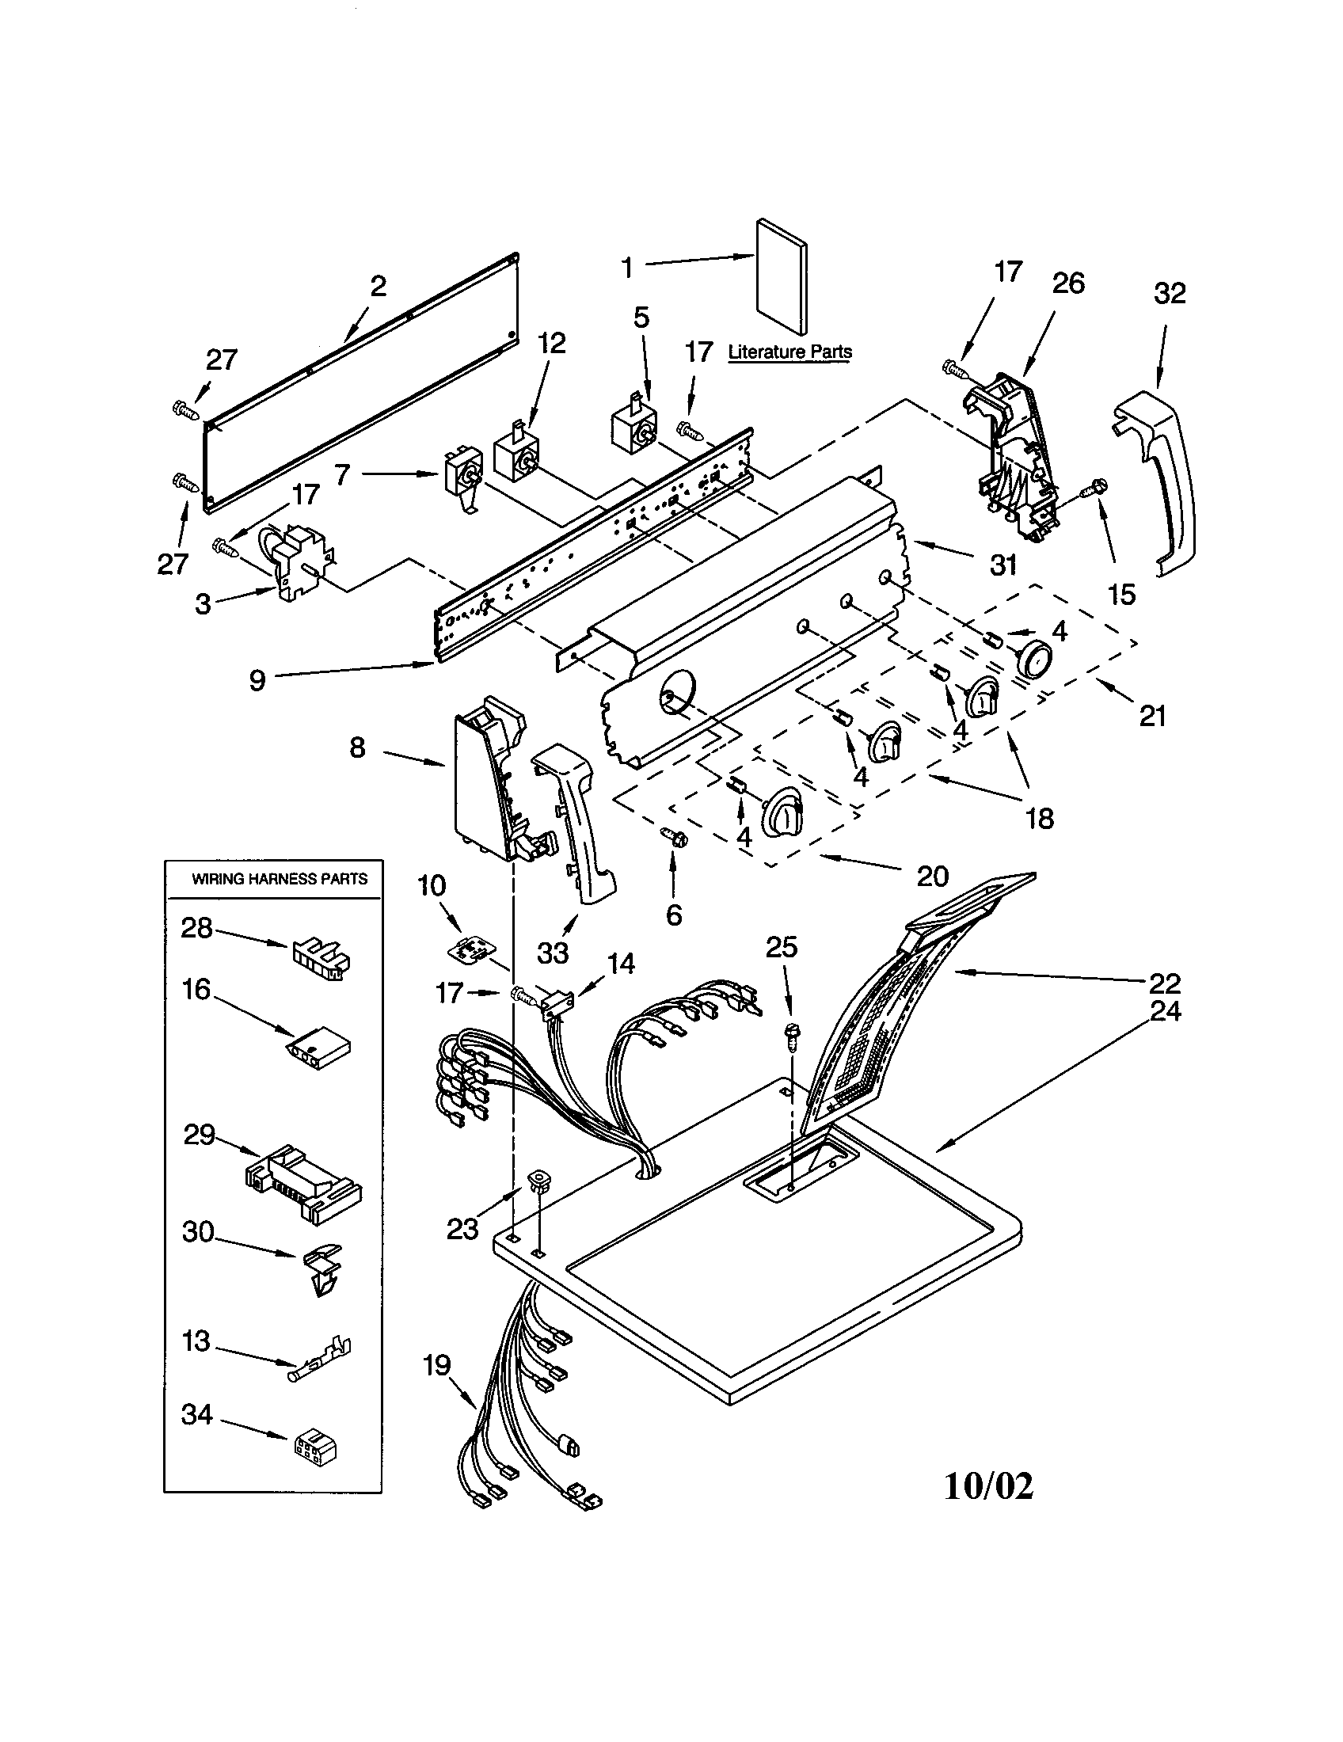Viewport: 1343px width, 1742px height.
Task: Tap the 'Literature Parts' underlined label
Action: pos(789,352)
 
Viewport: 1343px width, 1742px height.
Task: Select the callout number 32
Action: pos(1170,294)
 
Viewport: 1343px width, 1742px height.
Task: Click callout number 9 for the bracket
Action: pos(257,680)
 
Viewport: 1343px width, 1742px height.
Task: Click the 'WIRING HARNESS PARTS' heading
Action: pos(279,879)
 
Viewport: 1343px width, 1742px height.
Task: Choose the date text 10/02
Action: pos(988,1485)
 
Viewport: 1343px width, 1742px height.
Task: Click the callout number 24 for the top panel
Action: pos(1165,1011)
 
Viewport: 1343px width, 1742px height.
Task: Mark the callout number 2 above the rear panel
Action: pos(378,286)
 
